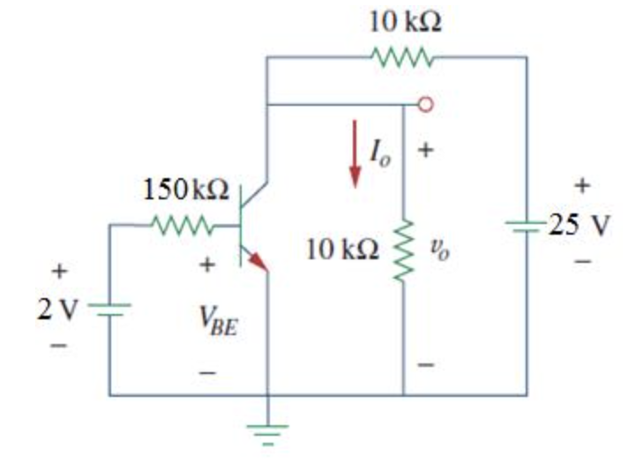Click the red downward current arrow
pyautogui.click(x=355, y=154)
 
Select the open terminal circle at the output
pyautogui.click(x=425, y=105)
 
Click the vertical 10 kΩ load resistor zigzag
pyautogui.click(x=404, y=250)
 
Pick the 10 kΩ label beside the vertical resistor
pyautogui.click(x=343, y=250)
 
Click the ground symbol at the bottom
pyautogui.click(x=267, y=431)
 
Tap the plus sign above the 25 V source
pyautogui.click(x=581, y=186)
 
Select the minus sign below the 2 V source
pyautogui.click(x=58, y=347)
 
